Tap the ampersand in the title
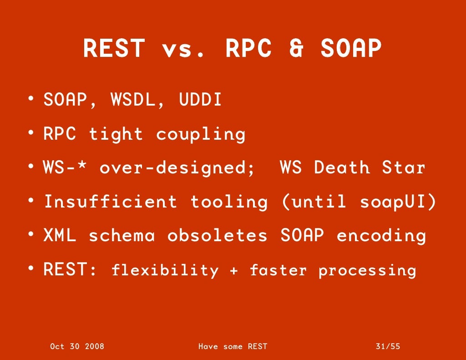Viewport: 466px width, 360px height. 297,49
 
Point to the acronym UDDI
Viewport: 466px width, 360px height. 200,100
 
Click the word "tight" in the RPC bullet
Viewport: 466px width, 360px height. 116,134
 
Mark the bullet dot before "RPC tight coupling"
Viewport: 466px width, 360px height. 30,133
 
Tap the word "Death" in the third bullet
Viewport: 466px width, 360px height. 342,167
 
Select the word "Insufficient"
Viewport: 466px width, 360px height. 110,202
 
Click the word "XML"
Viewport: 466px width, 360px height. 60,236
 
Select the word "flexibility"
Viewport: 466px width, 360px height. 165,271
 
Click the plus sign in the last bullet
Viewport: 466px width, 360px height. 234,271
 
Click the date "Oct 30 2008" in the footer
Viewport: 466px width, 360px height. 77,346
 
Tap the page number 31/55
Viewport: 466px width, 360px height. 388,346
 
